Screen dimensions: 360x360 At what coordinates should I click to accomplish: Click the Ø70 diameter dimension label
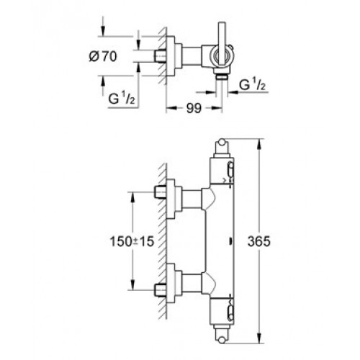pos(103,57)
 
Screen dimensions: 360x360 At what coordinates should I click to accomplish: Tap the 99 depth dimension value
pos(194,109)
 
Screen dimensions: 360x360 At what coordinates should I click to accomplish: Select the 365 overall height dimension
pos(259,241)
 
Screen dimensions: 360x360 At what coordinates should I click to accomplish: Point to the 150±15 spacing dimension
pos(132,241)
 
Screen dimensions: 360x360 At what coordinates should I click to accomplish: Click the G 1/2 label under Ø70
pos(122,98)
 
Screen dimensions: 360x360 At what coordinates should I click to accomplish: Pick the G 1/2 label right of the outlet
pos(252,85)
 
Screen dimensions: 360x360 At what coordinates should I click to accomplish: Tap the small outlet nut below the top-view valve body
pos(222,77)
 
